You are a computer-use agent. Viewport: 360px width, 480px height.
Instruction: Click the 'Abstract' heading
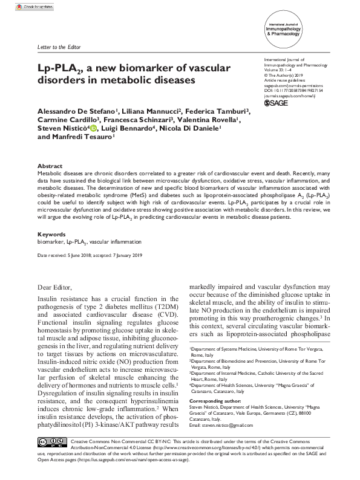click(49, 166)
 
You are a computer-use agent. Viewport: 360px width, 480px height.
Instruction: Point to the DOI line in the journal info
click(293, 90)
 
